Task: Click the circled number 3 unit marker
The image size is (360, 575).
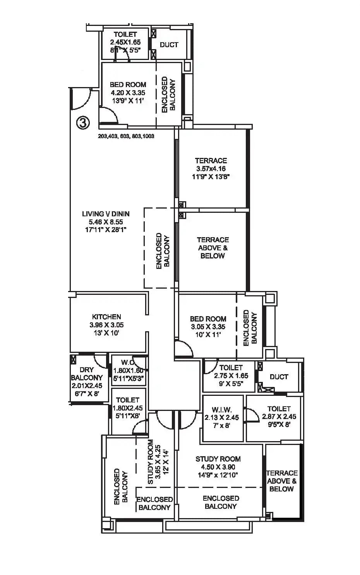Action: point(82,123)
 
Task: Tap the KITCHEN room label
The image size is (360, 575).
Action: point(106,317)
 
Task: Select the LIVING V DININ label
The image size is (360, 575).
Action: point(106,214)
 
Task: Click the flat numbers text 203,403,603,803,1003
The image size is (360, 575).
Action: point(126,136)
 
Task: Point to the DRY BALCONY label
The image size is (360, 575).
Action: point(87,374)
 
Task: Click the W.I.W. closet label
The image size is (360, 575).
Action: point(222,409)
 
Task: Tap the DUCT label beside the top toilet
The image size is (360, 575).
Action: point(169,45)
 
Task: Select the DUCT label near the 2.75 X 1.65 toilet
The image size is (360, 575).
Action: point(279,376)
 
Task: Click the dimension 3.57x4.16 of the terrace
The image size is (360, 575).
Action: point(211,169)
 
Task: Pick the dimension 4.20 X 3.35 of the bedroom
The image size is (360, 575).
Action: point(128,93)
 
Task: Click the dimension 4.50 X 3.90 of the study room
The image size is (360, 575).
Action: point(218,467)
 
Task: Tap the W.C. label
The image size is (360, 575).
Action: point(127,363)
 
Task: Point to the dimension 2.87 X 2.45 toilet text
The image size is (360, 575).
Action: point(279,417)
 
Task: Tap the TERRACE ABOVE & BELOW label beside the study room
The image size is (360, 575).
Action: point(281,481)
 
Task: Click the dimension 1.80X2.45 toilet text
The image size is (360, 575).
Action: point(128,408)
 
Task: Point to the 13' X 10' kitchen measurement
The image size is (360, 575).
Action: point(106,333)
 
